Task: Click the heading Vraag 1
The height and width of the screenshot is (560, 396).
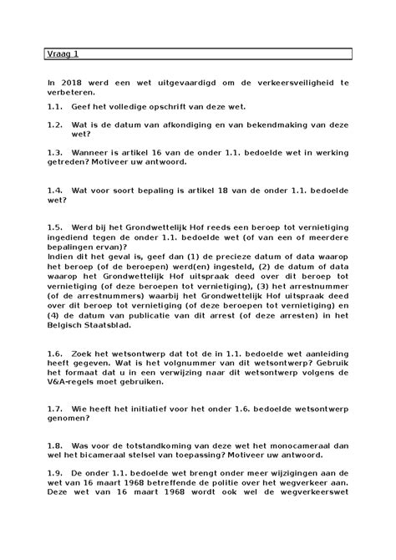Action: [62, 56]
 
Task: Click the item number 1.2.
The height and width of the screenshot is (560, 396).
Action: [55, 124]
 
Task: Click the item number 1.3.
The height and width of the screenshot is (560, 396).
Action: [55, 154]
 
